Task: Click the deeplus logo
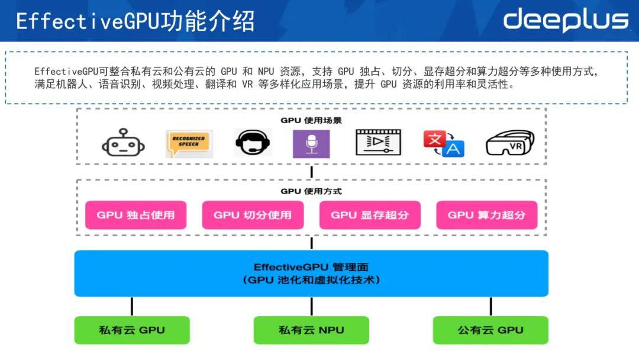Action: [x=566, y=20]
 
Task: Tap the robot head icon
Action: [x=123, y=143]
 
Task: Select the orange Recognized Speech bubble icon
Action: [x=189, y=143]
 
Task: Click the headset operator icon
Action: [x=253, y=143]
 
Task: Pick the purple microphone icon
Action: [x=311, y=144]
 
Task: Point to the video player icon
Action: [x=378, y=142]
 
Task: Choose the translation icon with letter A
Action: [x=444, y=143]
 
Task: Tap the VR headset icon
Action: [x=510, y=143]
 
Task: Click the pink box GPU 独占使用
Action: [x=135, y=215]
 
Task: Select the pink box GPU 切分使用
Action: [x=253, y=215]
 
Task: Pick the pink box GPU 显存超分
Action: [x=370, y=215]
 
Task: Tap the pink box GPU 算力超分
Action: [x=486, y=215]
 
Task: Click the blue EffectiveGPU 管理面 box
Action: [x=311, y=274]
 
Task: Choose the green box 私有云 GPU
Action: [x=132, y=330]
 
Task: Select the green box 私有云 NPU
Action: [x=311, y=330]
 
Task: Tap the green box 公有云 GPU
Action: [x=490, y=330]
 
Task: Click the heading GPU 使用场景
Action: [x=311, y=120]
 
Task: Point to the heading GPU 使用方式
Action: [x=311, y=191]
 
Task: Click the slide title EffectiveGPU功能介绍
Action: [x=135, y=21]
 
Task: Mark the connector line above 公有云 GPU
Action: [x=490, y=307]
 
